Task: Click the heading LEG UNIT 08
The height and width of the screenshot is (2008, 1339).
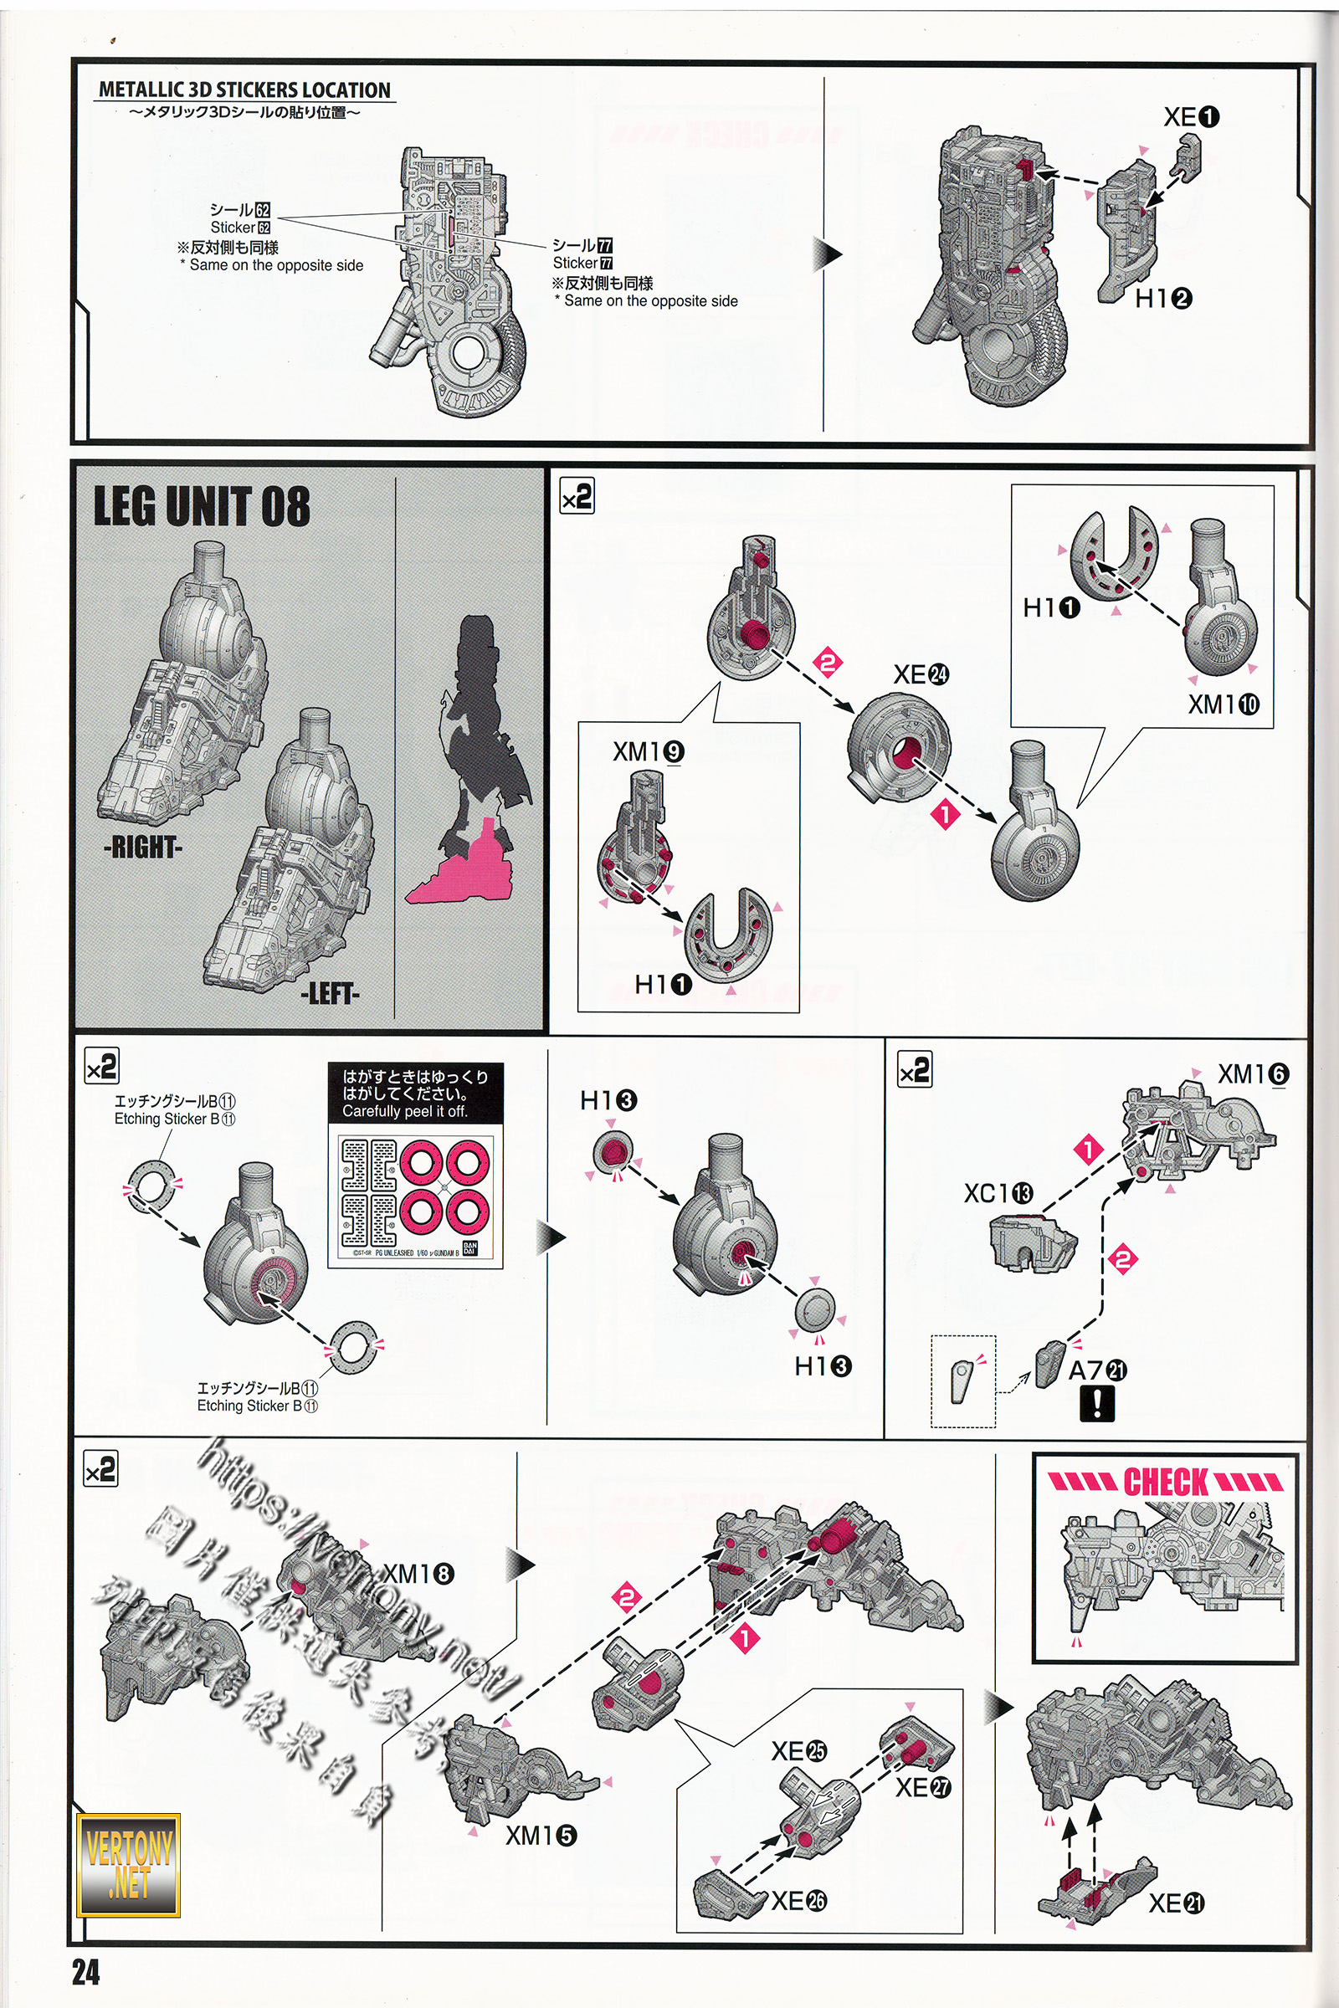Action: point(202,506)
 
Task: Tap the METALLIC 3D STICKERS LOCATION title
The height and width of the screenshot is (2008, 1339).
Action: point(244,90)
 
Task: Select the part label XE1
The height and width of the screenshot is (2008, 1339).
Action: point(1191,117)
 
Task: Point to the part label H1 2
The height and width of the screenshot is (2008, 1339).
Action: point(1163,298)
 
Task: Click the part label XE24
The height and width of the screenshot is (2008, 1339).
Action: point(921,674)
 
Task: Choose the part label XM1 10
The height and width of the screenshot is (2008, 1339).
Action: point(1224,704)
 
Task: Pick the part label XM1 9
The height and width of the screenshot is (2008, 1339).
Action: point(648,751)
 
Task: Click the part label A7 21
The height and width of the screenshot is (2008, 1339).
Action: point(1097,1370)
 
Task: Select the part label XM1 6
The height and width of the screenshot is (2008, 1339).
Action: point(1253,1074)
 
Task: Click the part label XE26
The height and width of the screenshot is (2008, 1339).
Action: point(799,1900)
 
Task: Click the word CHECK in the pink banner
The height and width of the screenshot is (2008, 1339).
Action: point(1166,1482)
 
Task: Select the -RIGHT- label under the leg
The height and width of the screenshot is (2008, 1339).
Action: point(142,848)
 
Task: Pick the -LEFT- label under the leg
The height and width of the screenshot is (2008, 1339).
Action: point(330,994)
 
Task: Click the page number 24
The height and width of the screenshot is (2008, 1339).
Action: point(85,1972)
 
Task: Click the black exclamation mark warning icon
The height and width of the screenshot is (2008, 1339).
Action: point(1096,1404)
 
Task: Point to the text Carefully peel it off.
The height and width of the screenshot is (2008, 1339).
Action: point(405,1111)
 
